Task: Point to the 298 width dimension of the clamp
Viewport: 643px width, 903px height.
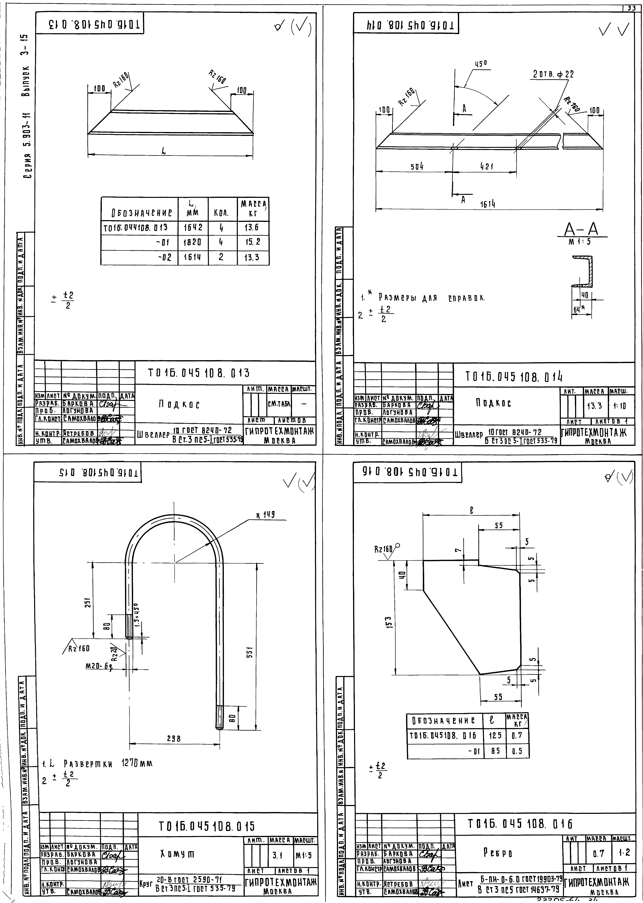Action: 173,738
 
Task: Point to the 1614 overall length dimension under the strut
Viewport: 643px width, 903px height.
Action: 488,204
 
